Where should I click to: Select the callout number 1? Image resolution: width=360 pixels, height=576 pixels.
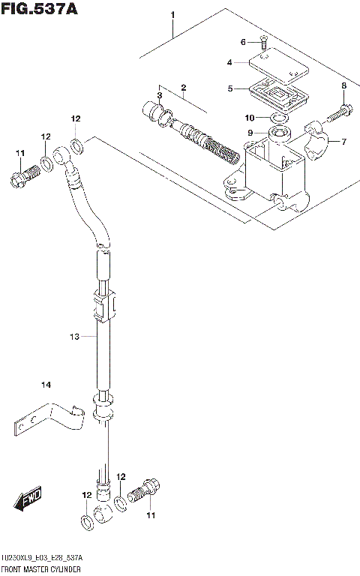point(172,15)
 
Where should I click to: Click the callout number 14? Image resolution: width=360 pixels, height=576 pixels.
point(46,385)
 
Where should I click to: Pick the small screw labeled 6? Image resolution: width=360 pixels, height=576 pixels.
point(264,44)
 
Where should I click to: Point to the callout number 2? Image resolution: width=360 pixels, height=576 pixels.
point(183,88)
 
